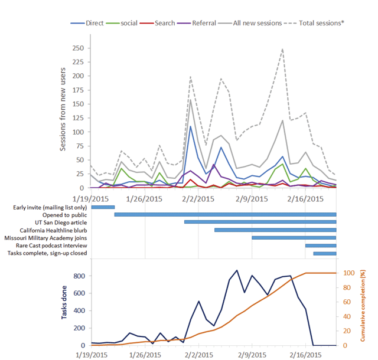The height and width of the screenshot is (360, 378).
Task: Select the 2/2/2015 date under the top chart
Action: tap(198, 199)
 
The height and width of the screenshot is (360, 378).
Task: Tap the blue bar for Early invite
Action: tap(103, 207)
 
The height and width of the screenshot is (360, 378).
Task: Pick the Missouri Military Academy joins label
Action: tap(45, 238)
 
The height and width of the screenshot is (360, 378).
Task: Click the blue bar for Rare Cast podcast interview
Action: tap(320, 246)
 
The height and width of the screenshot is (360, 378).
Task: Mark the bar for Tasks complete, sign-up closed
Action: tap(324, 253)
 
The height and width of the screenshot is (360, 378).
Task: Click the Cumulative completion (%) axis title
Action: tap(364, 306)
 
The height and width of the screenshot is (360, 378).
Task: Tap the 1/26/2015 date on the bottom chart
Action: tap(145, 355)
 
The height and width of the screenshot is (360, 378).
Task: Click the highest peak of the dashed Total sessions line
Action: tap(283, 49)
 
